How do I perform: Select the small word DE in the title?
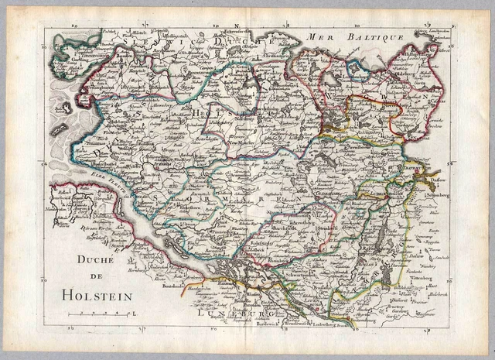click(98, 278)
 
